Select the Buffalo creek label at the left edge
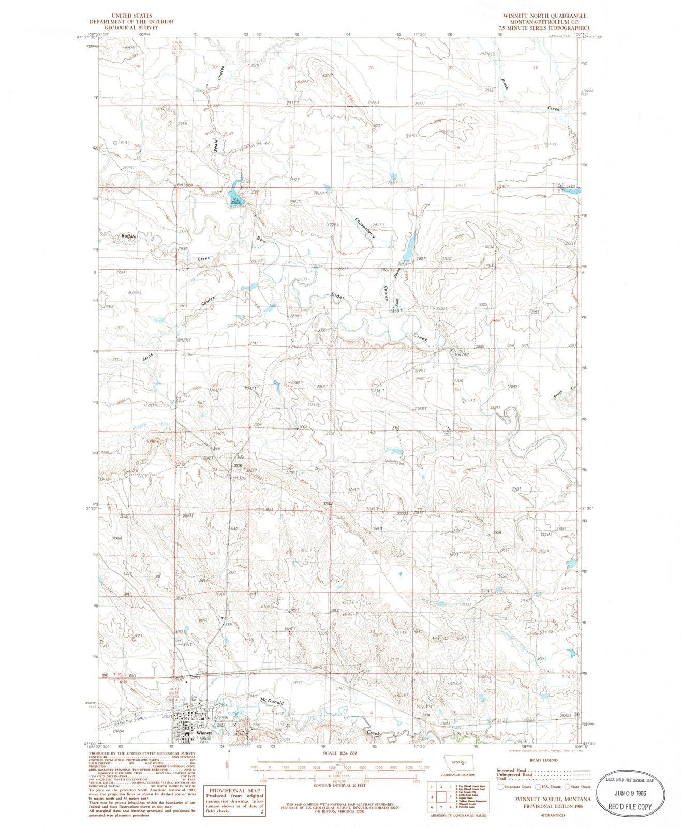coord(129,236)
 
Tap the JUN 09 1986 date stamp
coord(630,781)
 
